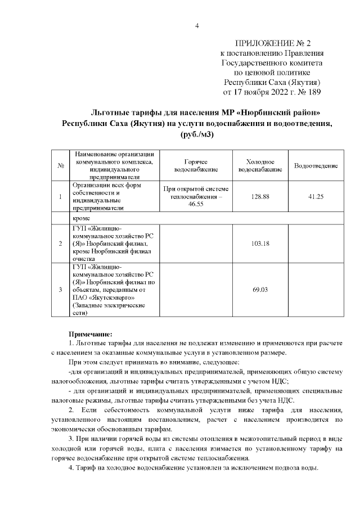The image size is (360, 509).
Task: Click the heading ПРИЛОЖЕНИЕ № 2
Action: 272,43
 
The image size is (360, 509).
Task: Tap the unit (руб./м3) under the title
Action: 197,135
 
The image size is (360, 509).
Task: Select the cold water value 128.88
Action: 260,196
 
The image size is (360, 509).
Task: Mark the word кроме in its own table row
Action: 82,217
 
